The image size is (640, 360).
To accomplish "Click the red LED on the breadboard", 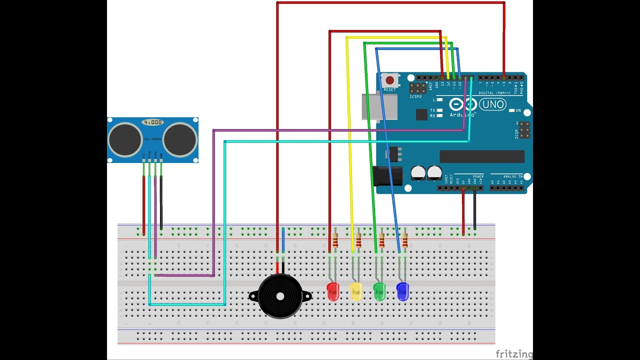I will pos(332,291).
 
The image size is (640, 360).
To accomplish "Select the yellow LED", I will pos(356,291).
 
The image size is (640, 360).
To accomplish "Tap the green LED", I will pos(379,291).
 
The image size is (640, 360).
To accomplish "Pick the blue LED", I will pos(402,291).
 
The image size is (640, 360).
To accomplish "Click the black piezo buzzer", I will pos(280,296).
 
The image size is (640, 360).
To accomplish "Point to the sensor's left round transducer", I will pos(125,139).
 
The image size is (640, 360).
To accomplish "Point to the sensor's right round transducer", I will pos(179,139).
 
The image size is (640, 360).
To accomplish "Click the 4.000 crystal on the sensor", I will pos(152,122).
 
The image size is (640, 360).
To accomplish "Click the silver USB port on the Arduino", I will pos(379,106).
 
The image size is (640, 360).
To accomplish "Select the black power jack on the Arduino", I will pos(387,176).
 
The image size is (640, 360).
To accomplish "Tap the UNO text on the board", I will pos(492,105).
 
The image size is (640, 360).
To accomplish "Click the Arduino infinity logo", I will pos(461,104).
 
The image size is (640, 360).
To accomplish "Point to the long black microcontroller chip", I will pos(482,156).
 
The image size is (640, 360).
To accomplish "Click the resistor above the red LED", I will pos(335,240).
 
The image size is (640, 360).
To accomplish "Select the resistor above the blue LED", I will pos(405,240).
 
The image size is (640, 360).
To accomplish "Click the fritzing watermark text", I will pos(514,353).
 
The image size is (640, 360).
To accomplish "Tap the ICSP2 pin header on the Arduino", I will pos(418,88).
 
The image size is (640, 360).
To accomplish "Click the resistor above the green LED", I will pos(382,240).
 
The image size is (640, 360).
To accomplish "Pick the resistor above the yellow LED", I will pos(358,240).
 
